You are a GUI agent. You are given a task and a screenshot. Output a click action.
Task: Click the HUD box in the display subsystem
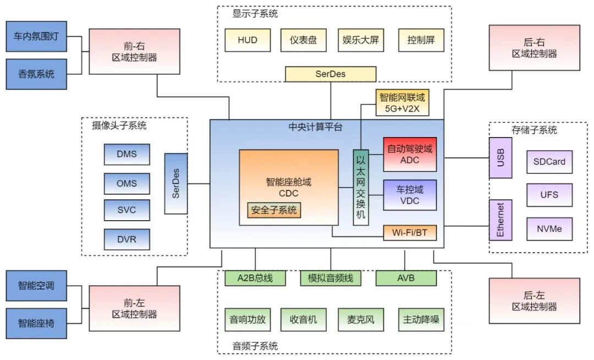248,40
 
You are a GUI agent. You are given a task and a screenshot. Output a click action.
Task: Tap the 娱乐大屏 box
360,40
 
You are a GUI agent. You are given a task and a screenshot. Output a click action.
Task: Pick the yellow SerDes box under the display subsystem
331,74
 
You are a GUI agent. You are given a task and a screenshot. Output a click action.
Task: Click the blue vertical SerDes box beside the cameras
176,184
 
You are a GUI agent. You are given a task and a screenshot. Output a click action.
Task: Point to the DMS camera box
127,154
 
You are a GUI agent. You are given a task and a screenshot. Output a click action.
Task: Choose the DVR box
127,239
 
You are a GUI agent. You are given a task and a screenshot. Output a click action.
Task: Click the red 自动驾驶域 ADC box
410,154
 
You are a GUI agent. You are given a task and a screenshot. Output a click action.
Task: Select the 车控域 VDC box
410,195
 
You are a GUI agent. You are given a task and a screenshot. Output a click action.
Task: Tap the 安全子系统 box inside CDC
274,210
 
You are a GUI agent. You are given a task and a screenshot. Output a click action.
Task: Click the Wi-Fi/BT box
410,233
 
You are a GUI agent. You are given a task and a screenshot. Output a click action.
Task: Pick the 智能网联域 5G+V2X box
403,102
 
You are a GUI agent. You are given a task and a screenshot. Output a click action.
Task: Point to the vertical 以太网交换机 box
360,187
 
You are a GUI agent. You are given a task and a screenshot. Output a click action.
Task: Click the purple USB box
500,157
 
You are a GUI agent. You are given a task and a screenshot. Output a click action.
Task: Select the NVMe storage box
549,228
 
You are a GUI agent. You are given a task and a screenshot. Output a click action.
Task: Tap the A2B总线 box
255,278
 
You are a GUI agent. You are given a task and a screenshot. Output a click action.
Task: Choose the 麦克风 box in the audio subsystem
360,320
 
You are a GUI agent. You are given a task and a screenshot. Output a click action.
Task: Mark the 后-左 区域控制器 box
534,300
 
